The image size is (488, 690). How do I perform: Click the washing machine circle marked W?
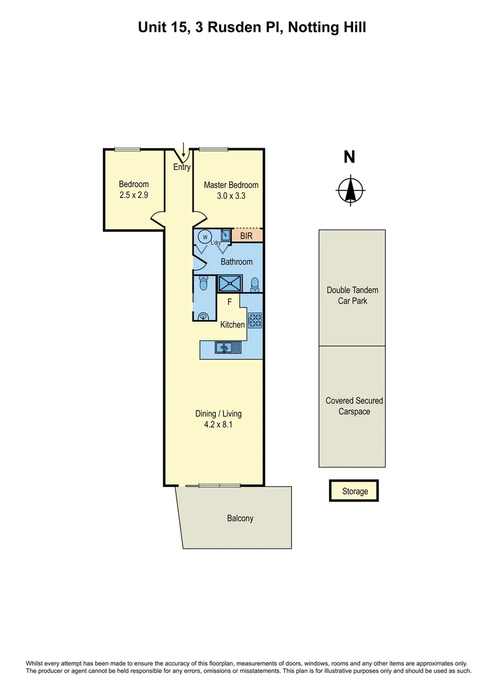click(205, 237)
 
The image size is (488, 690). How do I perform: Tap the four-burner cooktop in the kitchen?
click(254, 320)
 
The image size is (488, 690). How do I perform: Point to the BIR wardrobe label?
click(247, 236)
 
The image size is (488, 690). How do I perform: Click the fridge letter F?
click(229, 302)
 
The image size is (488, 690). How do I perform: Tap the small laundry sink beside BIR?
click(225, 236)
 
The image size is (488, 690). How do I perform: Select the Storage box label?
click(355, 491)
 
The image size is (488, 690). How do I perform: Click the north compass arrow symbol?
click(350, 189)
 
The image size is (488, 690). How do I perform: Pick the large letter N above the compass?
click(349, 157)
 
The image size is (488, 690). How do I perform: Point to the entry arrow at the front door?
click(184, 151)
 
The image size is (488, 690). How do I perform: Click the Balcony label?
click(240, 518)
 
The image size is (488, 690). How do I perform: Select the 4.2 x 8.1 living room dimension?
click(218, 424)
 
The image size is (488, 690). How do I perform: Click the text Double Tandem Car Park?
click(352, 295)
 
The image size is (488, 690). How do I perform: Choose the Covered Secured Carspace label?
click(354, 406)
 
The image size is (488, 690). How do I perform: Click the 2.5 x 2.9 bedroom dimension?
click(133, 195)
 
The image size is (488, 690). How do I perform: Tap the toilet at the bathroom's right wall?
click(255, 284)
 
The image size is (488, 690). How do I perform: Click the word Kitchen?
click(233, 325)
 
